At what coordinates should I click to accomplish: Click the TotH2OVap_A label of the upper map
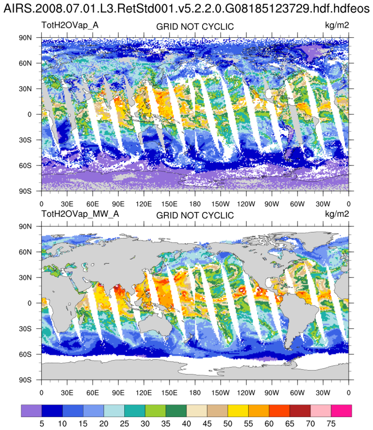70,25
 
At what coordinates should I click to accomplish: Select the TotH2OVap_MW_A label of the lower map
80,214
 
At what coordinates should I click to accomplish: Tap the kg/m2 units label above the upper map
337,25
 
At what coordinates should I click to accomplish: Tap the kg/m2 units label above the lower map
337,214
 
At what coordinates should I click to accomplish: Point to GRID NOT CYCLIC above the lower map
195,215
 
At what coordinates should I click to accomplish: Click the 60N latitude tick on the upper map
31,63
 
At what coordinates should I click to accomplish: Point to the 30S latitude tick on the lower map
31,328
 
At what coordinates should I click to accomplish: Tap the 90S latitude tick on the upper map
31,191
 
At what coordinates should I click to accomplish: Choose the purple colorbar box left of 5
31,411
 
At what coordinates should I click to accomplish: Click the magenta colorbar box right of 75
342,411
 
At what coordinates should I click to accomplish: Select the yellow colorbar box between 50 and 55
238,411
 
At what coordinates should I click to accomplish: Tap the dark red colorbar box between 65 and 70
300,411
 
